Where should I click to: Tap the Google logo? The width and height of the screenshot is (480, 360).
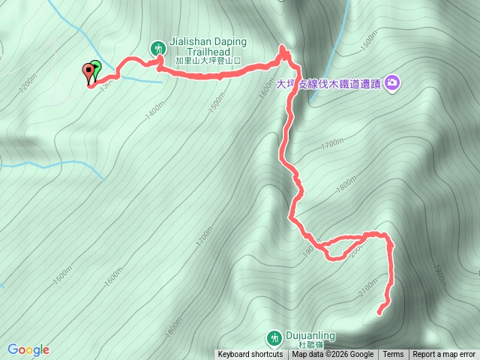point(28,349)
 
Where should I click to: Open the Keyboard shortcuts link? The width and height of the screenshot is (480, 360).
point(250,355)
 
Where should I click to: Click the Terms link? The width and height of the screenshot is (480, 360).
point(393,355)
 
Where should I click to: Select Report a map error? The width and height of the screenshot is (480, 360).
point(444,355)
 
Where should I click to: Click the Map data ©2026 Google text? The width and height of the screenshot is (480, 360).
point(332,355)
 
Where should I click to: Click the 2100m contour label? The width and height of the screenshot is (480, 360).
point(367,287)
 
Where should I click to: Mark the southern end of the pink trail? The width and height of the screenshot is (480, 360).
point(380,310)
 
